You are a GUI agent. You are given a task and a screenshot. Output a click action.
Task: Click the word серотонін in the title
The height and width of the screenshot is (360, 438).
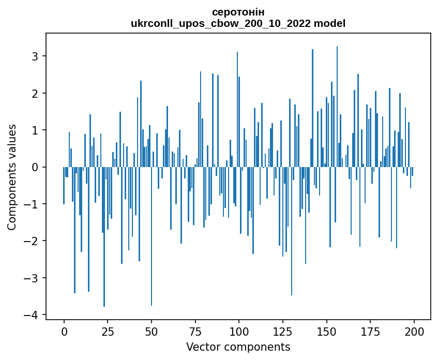point(238,12)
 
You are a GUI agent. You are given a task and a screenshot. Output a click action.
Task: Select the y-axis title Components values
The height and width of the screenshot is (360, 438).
point(12,177)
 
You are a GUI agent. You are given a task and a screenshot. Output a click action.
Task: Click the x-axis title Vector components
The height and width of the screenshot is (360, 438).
point(238,347)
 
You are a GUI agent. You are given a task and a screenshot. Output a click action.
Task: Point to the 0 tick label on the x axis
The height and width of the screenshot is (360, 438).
point(64,332)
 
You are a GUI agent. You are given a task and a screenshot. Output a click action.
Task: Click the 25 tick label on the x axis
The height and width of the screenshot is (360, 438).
point(108,332)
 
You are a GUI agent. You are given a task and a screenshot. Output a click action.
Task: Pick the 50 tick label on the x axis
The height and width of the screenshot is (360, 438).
point(152,332)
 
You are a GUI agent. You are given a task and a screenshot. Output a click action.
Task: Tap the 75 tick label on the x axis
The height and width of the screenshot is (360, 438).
point(195,332)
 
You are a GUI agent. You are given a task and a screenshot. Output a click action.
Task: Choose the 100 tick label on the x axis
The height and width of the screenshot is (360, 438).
point(239,332)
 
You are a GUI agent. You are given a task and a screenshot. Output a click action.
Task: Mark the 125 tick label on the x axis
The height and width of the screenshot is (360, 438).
point(282,332)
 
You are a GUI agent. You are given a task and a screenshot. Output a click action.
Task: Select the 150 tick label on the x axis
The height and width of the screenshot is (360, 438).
point(326,332)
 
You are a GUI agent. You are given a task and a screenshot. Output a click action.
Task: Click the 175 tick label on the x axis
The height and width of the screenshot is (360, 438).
point(370,332)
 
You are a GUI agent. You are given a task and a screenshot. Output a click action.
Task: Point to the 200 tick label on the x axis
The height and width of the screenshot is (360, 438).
point(414,332)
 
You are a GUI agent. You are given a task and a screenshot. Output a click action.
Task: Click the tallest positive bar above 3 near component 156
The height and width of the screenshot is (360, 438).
point(337,103)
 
